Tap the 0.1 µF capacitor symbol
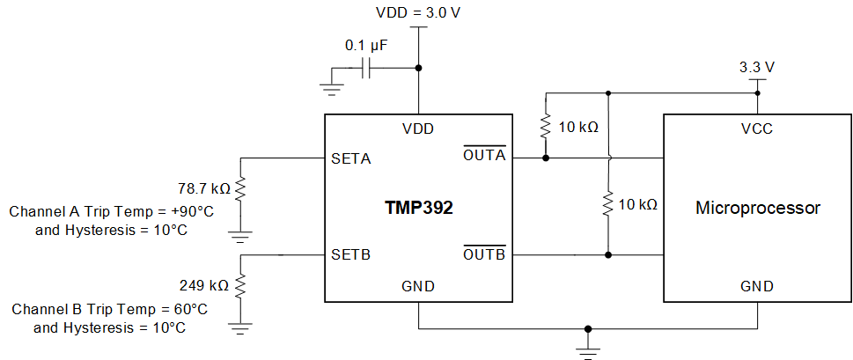[x=370, y=68]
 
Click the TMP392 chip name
[x=418, y=209]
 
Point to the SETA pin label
[x=351, y=159]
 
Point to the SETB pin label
[x=351, y=255]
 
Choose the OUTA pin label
[x=484, y=156]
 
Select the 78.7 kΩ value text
[x=203, y=188]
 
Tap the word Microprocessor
[x=757, y=209]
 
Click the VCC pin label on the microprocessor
[x=757, y=129]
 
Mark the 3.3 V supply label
[x=757, y=67]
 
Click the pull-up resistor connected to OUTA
[x=547, y=127]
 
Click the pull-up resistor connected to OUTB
[x=607, y=205]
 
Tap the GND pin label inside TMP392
[x=418, y=287]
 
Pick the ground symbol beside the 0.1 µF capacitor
[x=332, y=85]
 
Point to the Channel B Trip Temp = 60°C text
[x=110, y=310]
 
